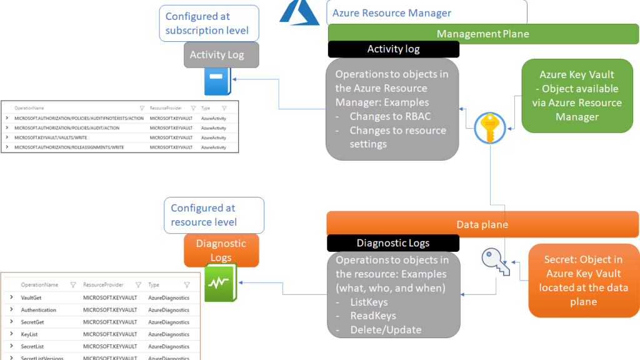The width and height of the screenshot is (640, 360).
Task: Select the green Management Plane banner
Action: [483, 34]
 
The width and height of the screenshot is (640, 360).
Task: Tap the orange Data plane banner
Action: [482, 224]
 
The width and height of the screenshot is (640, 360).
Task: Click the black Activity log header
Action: [393, 49]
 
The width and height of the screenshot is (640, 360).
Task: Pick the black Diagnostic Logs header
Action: [393, 243]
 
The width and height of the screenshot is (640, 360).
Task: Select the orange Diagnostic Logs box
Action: [221, 250]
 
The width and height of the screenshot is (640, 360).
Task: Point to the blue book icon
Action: [217, 82]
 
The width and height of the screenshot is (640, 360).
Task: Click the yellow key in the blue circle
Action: [489, 128]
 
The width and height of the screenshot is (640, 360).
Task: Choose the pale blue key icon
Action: [495, 261]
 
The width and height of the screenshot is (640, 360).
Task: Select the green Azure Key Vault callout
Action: [577, 96]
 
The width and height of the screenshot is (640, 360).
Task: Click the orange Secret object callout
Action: [582, 281]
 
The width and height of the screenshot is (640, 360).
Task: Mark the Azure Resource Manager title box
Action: [427, 12]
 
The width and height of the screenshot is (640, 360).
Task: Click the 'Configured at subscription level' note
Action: [209, 23]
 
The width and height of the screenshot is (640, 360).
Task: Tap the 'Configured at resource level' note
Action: [213, 215]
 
